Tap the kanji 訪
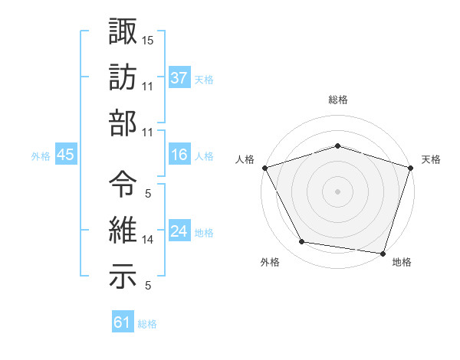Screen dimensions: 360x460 123,77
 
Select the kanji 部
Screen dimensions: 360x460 123,123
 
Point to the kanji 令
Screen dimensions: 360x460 123,184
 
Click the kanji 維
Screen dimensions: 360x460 123,230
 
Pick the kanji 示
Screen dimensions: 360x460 123,277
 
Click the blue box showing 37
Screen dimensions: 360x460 179,78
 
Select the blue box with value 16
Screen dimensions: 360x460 179,155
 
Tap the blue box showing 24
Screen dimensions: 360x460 179,232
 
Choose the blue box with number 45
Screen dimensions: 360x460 65,155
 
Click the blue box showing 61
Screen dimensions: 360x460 122,323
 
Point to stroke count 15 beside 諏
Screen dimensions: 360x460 148,39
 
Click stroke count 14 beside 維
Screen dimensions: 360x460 148,240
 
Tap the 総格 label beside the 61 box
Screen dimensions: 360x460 147,324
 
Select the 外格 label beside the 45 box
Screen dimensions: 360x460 41,156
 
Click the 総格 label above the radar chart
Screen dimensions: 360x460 337,100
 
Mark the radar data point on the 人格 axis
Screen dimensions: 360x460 265,168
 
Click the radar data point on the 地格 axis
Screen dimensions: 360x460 383,252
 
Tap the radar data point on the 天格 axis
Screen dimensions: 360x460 410,168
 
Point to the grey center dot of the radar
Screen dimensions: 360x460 337,191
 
